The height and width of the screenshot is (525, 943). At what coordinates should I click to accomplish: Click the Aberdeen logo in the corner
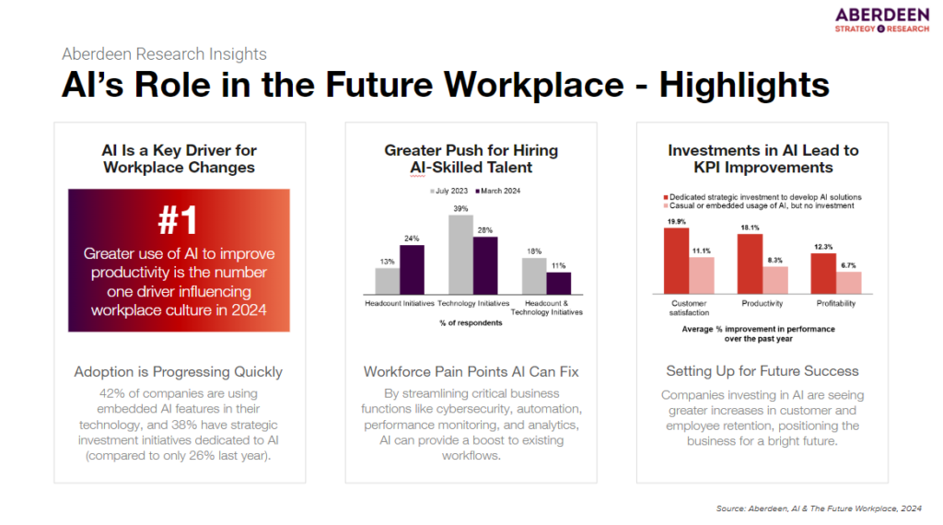(883, 20)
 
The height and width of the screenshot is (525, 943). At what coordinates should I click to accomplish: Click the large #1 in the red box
(179, 220)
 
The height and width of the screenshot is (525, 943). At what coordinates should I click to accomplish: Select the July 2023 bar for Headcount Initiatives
(388, 279)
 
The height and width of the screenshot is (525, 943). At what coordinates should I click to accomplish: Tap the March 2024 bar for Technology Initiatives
(484, 263)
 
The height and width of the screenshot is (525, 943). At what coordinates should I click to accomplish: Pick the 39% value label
(461, 208)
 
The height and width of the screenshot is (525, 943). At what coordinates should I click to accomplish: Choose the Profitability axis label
(835, 302)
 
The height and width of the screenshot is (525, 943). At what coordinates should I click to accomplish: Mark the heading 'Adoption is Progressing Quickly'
(179, 372)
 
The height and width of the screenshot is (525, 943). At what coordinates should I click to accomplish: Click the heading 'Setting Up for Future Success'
(762, 371)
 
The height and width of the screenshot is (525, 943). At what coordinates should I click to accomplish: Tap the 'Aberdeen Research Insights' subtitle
(164, 53)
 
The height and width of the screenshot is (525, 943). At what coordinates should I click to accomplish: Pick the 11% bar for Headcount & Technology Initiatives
(558, 280)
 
